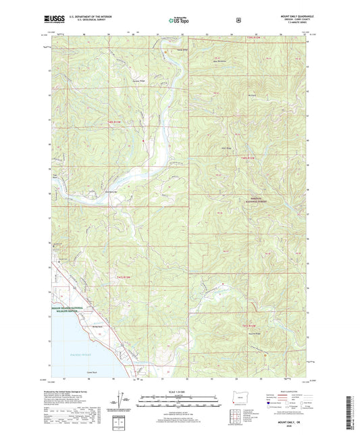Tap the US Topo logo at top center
(179, 21)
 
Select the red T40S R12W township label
(248, 157)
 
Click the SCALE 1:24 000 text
(180, 392)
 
